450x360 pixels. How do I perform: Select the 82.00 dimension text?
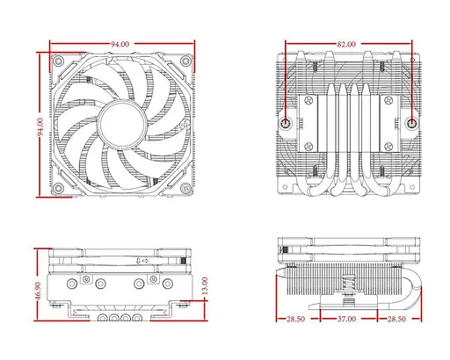[346, 43]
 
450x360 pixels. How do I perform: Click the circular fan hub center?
[120, 124]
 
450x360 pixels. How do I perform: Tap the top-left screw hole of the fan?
[58, 62]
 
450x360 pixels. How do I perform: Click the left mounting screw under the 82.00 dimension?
[288, 124]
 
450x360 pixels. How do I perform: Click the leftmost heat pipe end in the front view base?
[99, 318]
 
